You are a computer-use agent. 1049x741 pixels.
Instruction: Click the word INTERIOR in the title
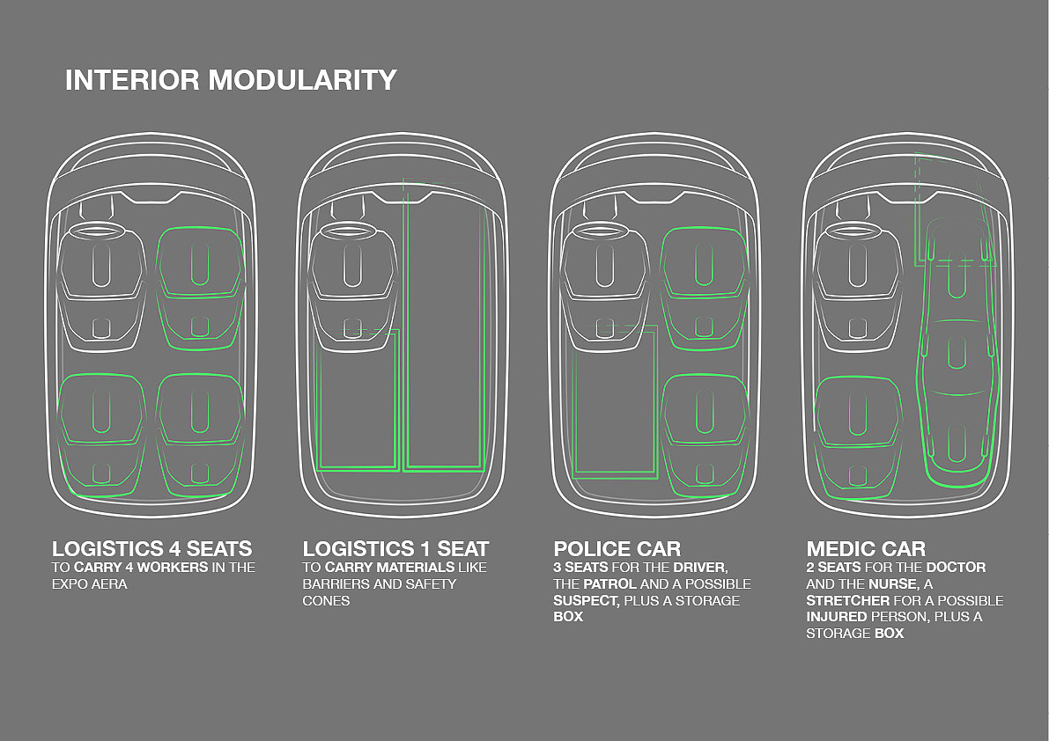(133, 80)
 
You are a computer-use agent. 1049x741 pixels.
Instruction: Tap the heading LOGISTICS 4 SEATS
(152, 549)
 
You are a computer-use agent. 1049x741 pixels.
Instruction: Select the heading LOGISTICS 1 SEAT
(395, 549)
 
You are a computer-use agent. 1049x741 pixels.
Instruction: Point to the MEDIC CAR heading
(866, 549)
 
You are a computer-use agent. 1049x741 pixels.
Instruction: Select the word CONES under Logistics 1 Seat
(326, 600)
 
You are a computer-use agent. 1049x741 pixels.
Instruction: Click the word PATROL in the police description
(609, 583)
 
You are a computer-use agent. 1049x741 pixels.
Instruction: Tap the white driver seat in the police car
(605, 273)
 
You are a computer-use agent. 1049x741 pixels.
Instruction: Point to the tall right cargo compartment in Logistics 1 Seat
(444, 334)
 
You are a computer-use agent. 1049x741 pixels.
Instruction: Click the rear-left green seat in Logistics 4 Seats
(101, 422)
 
